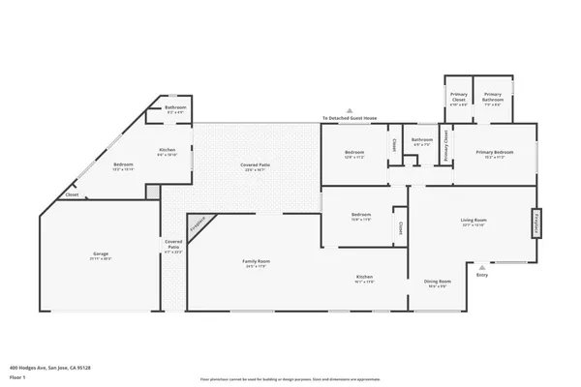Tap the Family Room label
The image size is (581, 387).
[256, 262]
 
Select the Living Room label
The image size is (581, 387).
[474, 222]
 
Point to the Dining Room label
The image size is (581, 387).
[438, 283]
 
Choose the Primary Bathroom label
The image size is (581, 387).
[493, 96]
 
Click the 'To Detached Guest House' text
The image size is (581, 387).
[350, 119]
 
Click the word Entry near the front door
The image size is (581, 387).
[482, 275]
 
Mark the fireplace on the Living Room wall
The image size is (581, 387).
[534, 223]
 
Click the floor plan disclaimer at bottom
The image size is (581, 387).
[290, 378]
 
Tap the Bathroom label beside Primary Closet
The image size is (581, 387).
[421, 141]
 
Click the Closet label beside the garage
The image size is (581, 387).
[72, 195]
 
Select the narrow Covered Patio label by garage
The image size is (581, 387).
[173, 246]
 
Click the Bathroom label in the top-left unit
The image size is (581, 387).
[175, 108]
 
